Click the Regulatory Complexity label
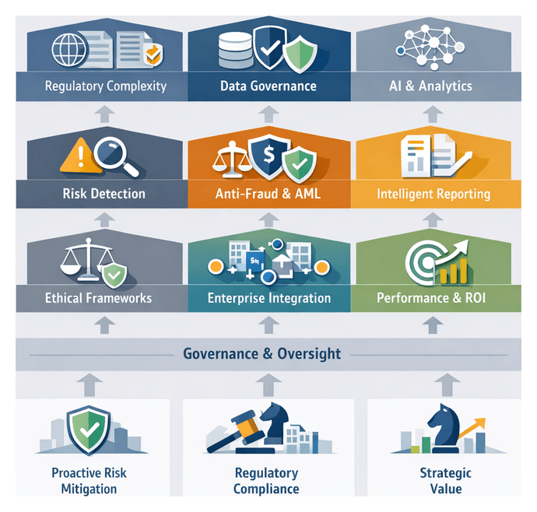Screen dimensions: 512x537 pos(105,86)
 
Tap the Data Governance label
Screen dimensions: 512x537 pos(268,86)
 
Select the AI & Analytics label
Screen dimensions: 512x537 pos(430,86)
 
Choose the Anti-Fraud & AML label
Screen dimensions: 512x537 pos(268,193)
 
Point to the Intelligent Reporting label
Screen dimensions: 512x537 pos(433,193)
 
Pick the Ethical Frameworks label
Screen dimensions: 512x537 pos(98,298)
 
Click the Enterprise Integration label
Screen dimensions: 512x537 pos(268,298)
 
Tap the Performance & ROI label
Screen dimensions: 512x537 pos(432,298)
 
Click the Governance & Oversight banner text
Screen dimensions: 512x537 pos(261,354)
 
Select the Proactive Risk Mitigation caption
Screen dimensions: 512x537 pos(89,481)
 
